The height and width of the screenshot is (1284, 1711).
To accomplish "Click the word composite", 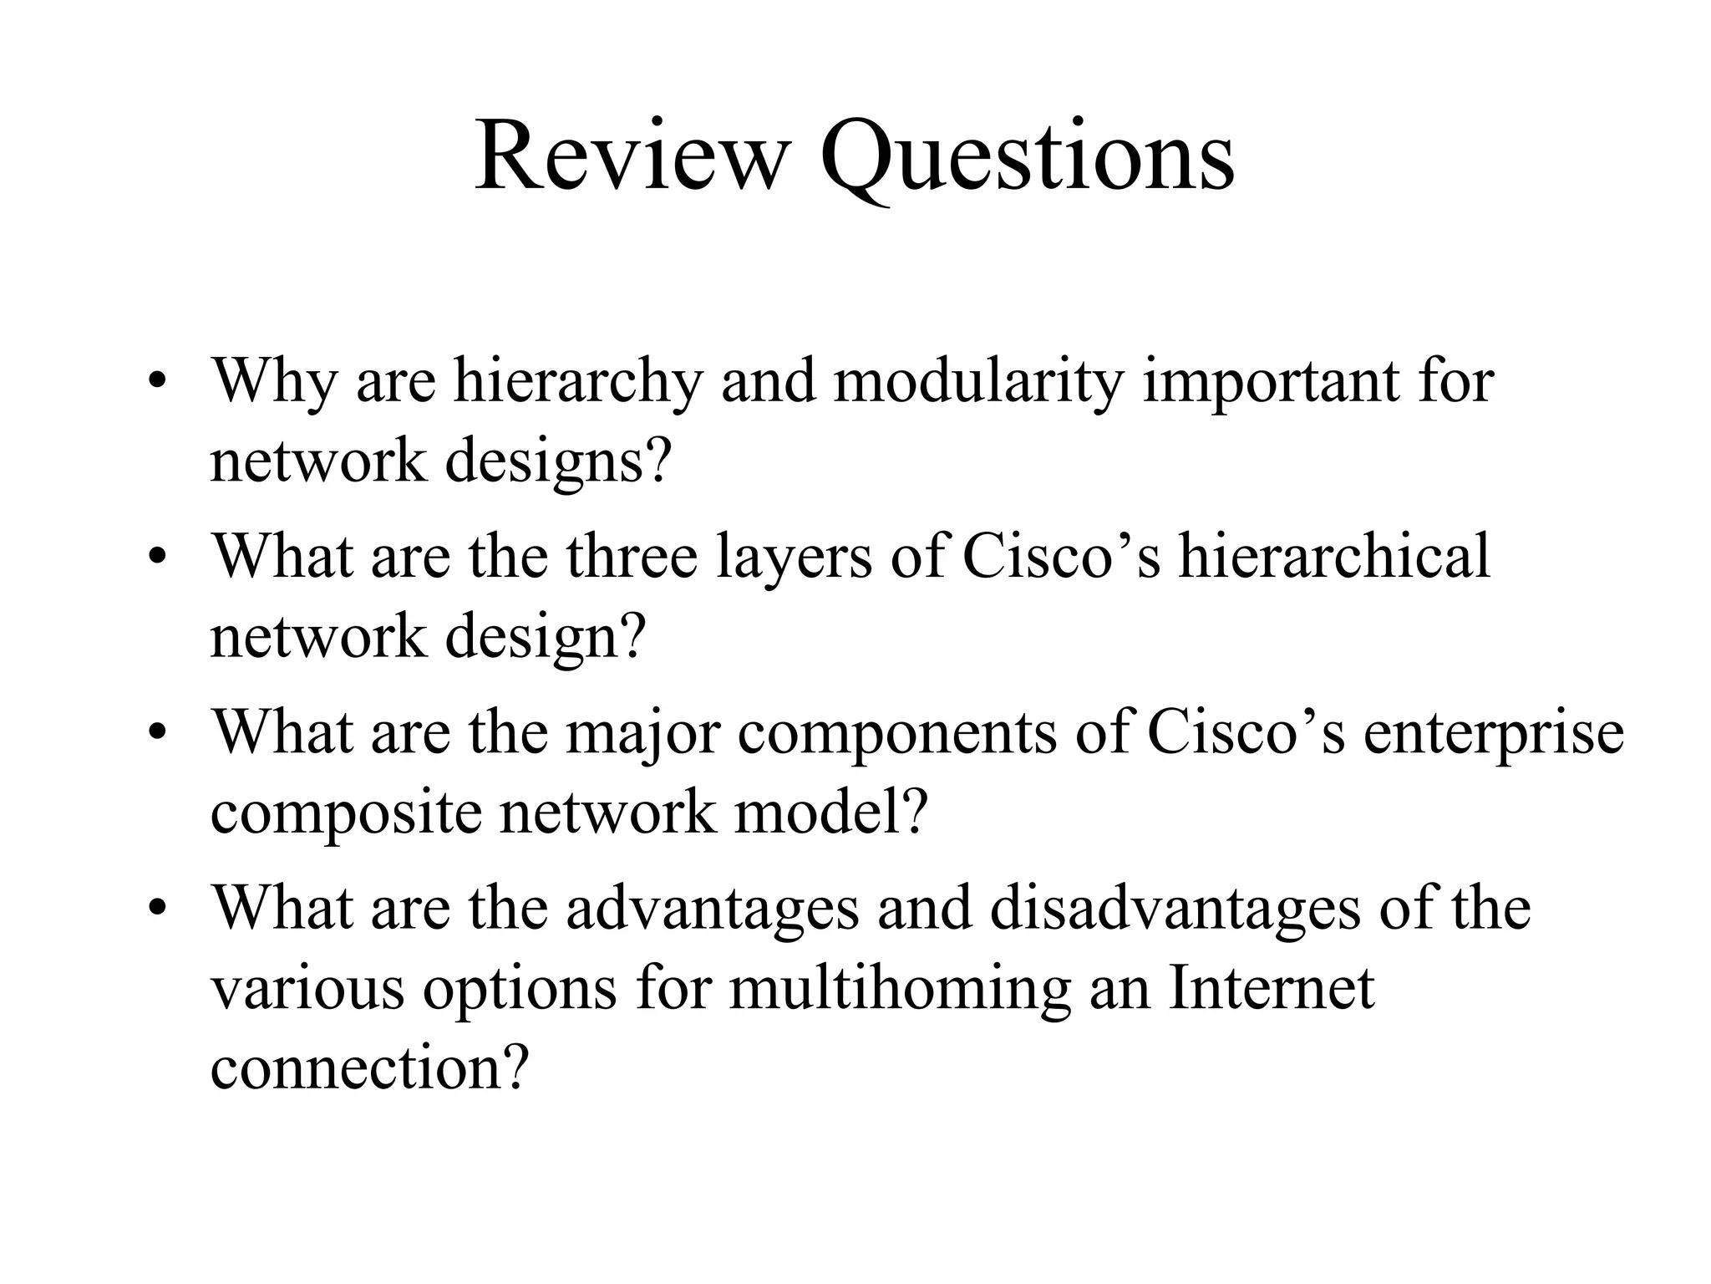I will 347,813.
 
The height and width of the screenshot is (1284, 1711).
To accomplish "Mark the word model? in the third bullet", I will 831,812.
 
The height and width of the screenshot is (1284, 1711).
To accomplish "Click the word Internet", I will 1271,988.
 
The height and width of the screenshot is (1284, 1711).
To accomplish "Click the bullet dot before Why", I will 155,384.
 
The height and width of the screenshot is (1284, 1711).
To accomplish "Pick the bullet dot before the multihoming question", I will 155,910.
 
